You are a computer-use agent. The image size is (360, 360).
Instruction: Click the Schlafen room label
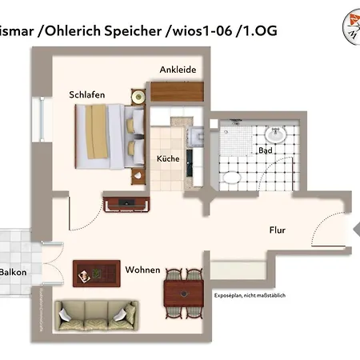(109, 94)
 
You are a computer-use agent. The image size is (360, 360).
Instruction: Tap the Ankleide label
(178, 70)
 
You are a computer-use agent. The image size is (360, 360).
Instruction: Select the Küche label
(168, 158)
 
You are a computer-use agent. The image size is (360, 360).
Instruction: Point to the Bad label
(265, 150)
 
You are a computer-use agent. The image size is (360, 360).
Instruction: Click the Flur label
(277, 230)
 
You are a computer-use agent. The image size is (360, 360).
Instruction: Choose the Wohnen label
(142, 270)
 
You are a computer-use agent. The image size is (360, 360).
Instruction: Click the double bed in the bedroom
(110, 135)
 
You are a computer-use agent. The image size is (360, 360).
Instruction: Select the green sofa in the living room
(95, 313)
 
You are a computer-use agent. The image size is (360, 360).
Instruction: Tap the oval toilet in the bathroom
(230, 178)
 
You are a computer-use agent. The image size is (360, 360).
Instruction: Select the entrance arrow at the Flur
(355, 230)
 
